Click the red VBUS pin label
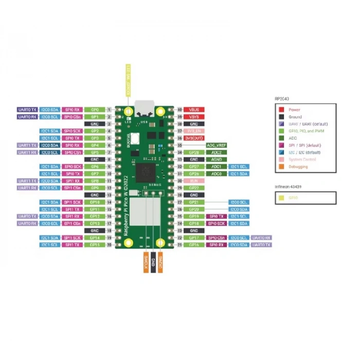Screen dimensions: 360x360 point(194,110)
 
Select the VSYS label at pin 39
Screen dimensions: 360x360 point(194,117)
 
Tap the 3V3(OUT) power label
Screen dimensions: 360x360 point(194,138)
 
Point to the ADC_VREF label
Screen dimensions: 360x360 point(217,146)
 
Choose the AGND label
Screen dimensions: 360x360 point(217,159)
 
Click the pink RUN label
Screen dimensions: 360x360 point(194,181)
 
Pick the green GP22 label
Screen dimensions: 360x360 point(194,188)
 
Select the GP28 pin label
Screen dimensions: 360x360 point(194,153)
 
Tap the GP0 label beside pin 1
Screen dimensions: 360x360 point(95,110)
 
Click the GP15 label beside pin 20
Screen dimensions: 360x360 point(95,245)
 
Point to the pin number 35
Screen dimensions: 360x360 point(180,146)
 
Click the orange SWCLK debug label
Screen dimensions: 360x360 point(146,263)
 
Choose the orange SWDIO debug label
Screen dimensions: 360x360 point(160,263)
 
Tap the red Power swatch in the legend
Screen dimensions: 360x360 point(281,110)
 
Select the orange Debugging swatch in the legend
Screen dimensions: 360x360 point(281,167)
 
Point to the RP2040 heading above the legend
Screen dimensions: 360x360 point(283,98)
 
